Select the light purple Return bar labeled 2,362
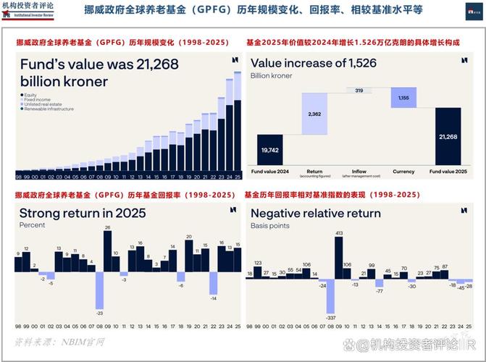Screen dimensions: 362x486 (314, 114)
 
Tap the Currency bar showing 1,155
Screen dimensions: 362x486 (403, 98)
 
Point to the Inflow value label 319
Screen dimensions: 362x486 (359, 90)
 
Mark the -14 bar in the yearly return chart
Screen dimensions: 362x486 (213, 282)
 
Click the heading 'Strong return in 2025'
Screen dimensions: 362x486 (82, 213)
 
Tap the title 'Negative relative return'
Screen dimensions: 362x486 (315, 213)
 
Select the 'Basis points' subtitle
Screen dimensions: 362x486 (270, 226)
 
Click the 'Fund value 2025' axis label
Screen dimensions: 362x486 (448, 172)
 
